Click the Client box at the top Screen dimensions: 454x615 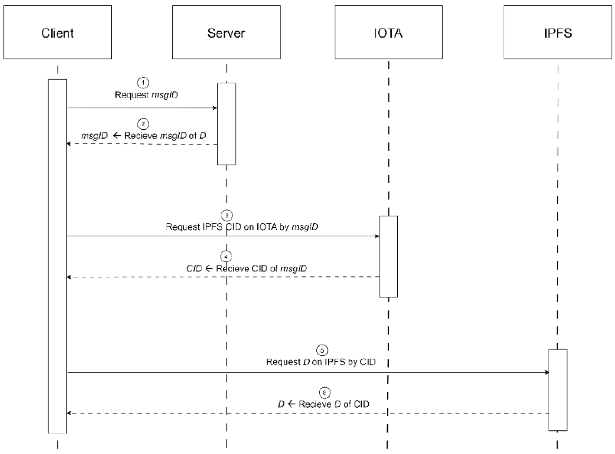coord(57,32)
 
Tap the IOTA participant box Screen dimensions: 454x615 coord(388,32)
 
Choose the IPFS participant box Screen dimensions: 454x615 coord(558,32)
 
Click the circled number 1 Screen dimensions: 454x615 coord(143,83)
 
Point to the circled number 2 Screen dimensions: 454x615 coord(143,124)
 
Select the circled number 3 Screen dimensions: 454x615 coord(227,216)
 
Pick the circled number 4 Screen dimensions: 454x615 coord(226,257)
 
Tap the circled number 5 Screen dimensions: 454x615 coord(322,350)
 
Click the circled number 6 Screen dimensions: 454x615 coord(324,392)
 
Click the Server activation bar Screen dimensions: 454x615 coord(226,124)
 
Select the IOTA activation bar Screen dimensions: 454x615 coord(388,257)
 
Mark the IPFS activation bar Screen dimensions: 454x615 coord(558,390)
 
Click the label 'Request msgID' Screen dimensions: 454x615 coord(146,95)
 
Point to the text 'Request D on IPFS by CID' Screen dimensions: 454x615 coord(321,362)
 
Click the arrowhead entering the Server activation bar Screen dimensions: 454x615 coord(215,108)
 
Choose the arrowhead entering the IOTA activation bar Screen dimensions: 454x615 coord(377,236)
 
